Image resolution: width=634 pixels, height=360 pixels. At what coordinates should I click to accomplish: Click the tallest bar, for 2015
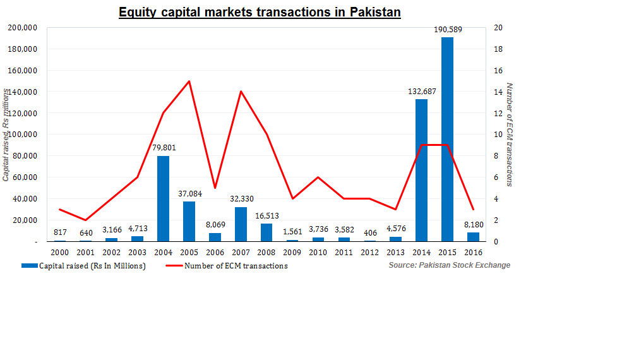(x=447, y=139)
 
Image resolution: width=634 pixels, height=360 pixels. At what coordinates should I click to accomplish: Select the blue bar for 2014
(x=421, y=170)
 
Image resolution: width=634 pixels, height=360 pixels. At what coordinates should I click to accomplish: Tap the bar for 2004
(x=163, y=198)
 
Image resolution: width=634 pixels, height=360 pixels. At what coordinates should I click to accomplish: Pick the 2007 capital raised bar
(x=241, y=224)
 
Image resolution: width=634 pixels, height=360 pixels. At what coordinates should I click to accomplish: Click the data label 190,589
(x=447, y=30)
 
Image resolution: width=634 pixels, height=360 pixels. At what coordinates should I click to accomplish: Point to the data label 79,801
(x=163, y=148)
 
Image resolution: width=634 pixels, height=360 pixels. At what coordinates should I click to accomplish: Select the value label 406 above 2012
(x=370, y=233)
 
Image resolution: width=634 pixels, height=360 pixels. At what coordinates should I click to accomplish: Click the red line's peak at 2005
(x=189, y=81)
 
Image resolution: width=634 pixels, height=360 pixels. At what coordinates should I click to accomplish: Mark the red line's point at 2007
(x=241, y=92)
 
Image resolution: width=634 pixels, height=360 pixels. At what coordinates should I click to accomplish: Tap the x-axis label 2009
(x=292, y=253)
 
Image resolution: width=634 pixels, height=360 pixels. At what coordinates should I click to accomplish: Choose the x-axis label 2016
(x=473, y=253)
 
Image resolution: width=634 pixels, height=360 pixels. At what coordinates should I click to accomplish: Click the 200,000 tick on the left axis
(x=22, y=28)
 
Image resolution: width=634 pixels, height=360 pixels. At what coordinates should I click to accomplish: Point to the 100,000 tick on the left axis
(x=22, y=135)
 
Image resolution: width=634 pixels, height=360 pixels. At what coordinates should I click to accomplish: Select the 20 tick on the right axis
(x=498, y=28)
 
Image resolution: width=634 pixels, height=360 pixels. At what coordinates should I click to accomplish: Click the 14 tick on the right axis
(x=498, y=92)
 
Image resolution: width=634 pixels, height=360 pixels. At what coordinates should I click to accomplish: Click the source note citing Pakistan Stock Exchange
(x=449, y=265)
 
